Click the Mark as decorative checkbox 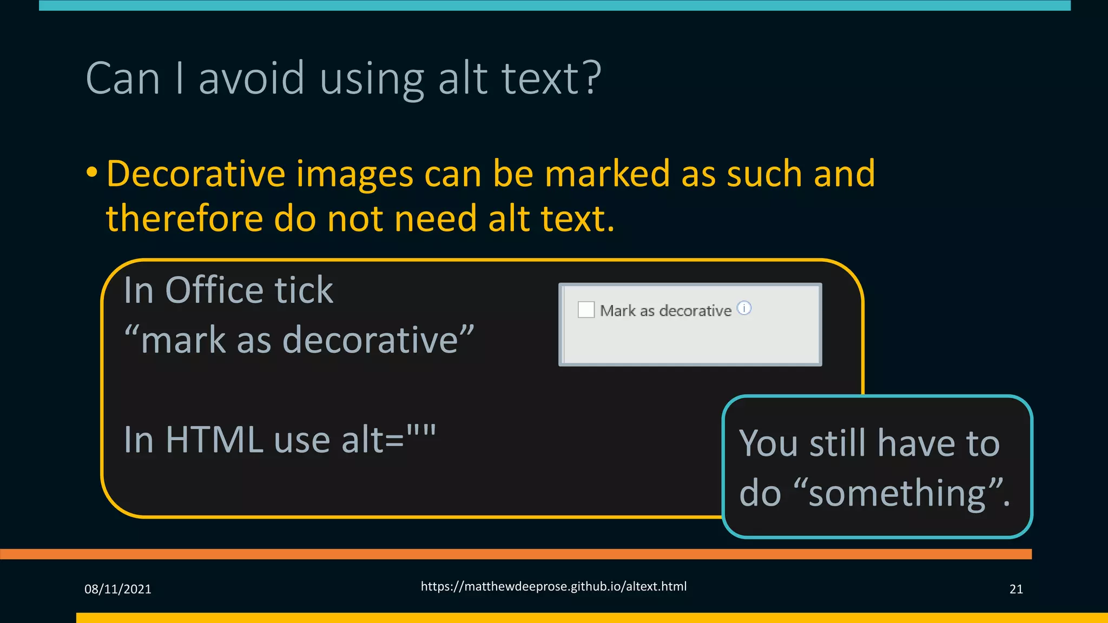(586, 310)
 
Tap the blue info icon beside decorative (744, 308)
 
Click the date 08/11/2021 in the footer (118, 589)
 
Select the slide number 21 (1016, 589)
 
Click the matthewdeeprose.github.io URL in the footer (553, 586)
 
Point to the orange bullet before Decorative (92, 173)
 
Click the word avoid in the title (252, 78)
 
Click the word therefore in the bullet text (184, 218)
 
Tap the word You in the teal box (769, 443)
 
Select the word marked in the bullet (607, 174)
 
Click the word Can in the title (123, 78)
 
